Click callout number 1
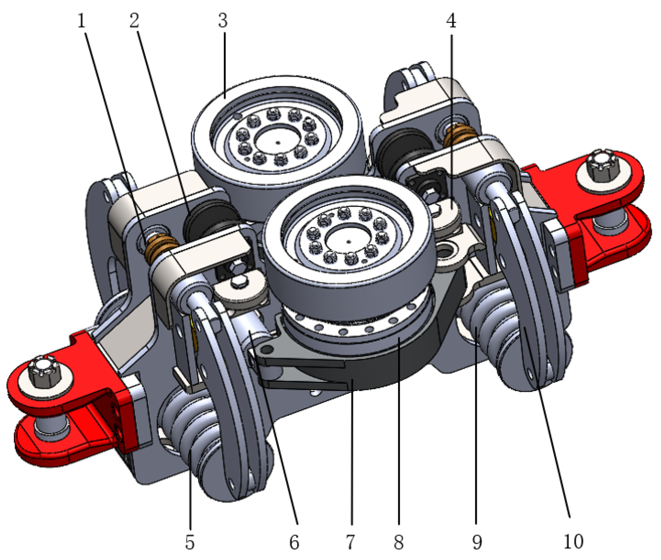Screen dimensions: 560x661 (82, 21)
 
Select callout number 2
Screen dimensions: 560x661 (134, 21)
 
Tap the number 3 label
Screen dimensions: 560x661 (223, 21)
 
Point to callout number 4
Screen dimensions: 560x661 (451, 21)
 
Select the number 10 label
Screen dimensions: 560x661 (573, 541)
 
